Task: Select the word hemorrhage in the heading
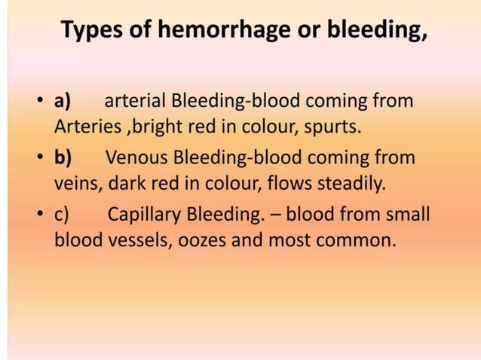[210, 32]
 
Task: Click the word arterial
[134, 102]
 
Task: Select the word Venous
[136, 159]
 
